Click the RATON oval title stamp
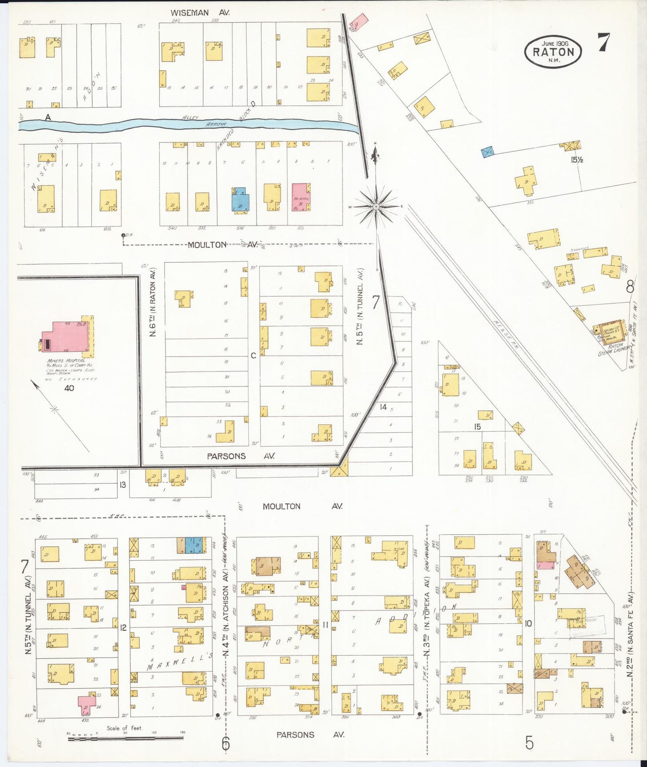pyautogui.click(x=553, y=51)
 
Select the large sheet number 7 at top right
pyautogui.click(x=604, y=43)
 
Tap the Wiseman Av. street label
pyautogui.click(x=196, y=13)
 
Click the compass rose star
pyautogui.click(x=377, y=206)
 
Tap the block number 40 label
pyautogui.click(x=69, y=388)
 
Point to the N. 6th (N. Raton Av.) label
pyautogui.click(x=153, y=302)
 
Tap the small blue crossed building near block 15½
pyautogui.click(x=488, y=152)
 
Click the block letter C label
pyautogui.click(x=253, y=355)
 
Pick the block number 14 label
pyautogui.click(x=383, y=407)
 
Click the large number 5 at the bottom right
pyautogui.click(x=529, y=743)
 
